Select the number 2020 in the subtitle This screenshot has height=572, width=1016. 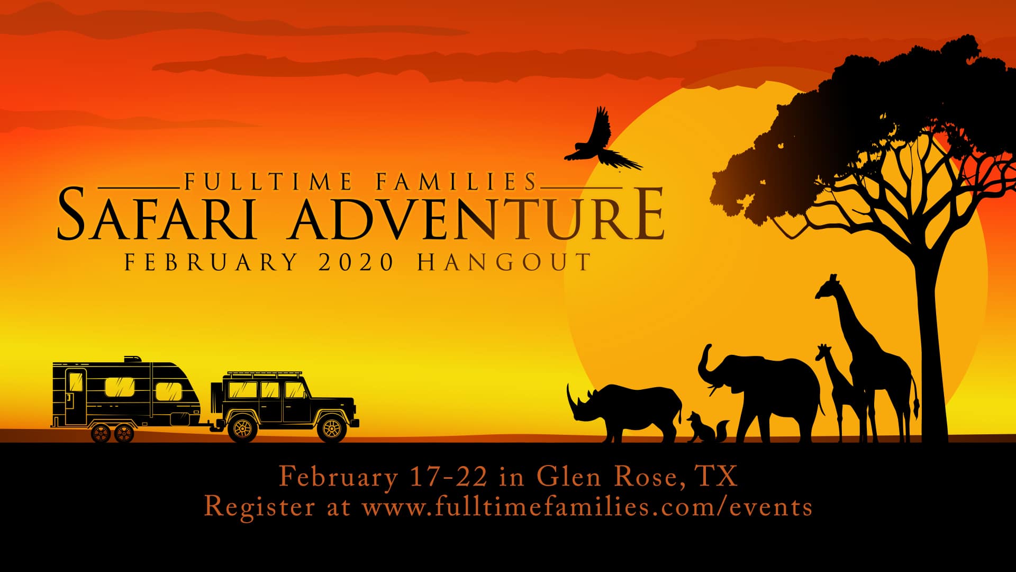coord(356,262)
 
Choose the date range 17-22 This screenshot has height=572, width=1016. coord(449,476)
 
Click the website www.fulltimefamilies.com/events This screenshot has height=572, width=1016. coord(587,506)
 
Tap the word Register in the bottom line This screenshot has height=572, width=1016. coord(259,506)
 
